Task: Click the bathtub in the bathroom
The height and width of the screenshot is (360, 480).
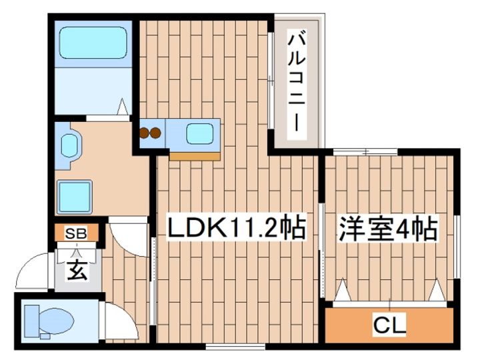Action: point(93,42)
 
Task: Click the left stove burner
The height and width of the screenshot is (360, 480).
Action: point(145,133)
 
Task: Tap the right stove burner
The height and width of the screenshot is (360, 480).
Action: point(156,133)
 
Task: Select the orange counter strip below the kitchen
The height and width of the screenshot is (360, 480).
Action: point(195,156)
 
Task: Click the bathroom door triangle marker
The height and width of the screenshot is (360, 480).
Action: point(123,107)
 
